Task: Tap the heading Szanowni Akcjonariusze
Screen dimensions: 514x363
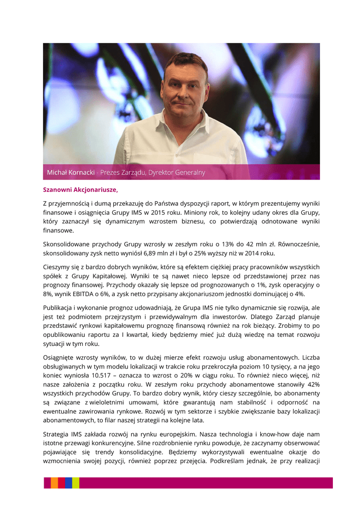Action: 80,190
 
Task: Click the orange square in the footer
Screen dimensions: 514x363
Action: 54,483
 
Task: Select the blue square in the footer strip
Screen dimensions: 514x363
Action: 68,483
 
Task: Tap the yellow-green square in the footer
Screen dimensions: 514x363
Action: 75,483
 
